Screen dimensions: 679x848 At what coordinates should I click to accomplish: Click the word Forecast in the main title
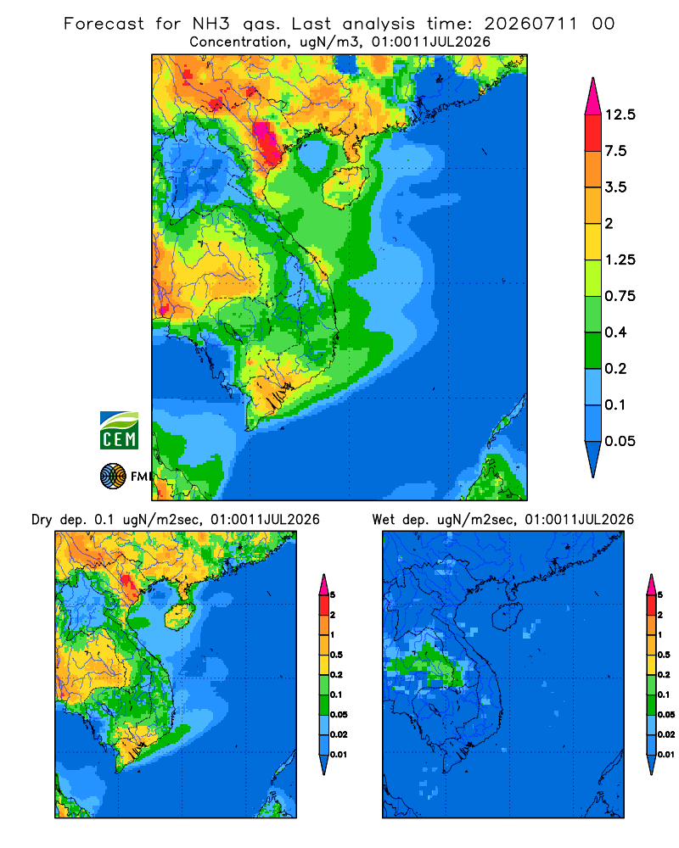pos(104,24)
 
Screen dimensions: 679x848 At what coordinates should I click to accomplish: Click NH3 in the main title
pos(211,24)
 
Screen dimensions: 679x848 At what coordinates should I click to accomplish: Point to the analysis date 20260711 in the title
pos(530,24)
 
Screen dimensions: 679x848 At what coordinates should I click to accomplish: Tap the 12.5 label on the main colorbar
pos(620,114)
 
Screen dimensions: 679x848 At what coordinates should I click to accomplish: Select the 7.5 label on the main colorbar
pos(615,151)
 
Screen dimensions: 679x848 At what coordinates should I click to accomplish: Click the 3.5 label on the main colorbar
pos(615,187)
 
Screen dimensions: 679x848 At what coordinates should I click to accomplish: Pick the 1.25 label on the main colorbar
pos(620,259)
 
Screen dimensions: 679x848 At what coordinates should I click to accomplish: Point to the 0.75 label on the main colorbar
pos(620,296)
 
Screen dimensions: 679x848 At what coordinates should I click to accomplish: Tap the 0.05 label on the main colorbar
pos(620,441)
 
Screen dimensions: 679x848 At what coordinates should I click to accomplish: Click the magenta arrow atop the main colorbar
pos(593,97)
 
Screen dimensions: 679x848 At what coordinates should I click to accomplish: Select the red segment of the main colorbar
pos(593,133)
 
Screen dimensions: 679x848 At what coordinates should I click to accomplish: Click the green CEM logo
pos(119,431)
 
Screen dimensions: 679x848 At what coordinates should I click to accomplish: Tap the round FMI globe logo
pos(113,477)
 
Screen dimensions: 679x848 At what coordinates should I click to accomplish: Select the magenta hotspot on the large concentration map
pos(267,142)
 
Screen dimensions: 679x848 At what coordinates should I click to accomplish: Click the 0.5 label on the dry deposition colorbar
pos(336,655)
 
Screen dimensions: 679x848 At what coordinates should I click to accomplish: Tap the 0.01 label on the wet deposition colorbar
pos(666,755)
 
